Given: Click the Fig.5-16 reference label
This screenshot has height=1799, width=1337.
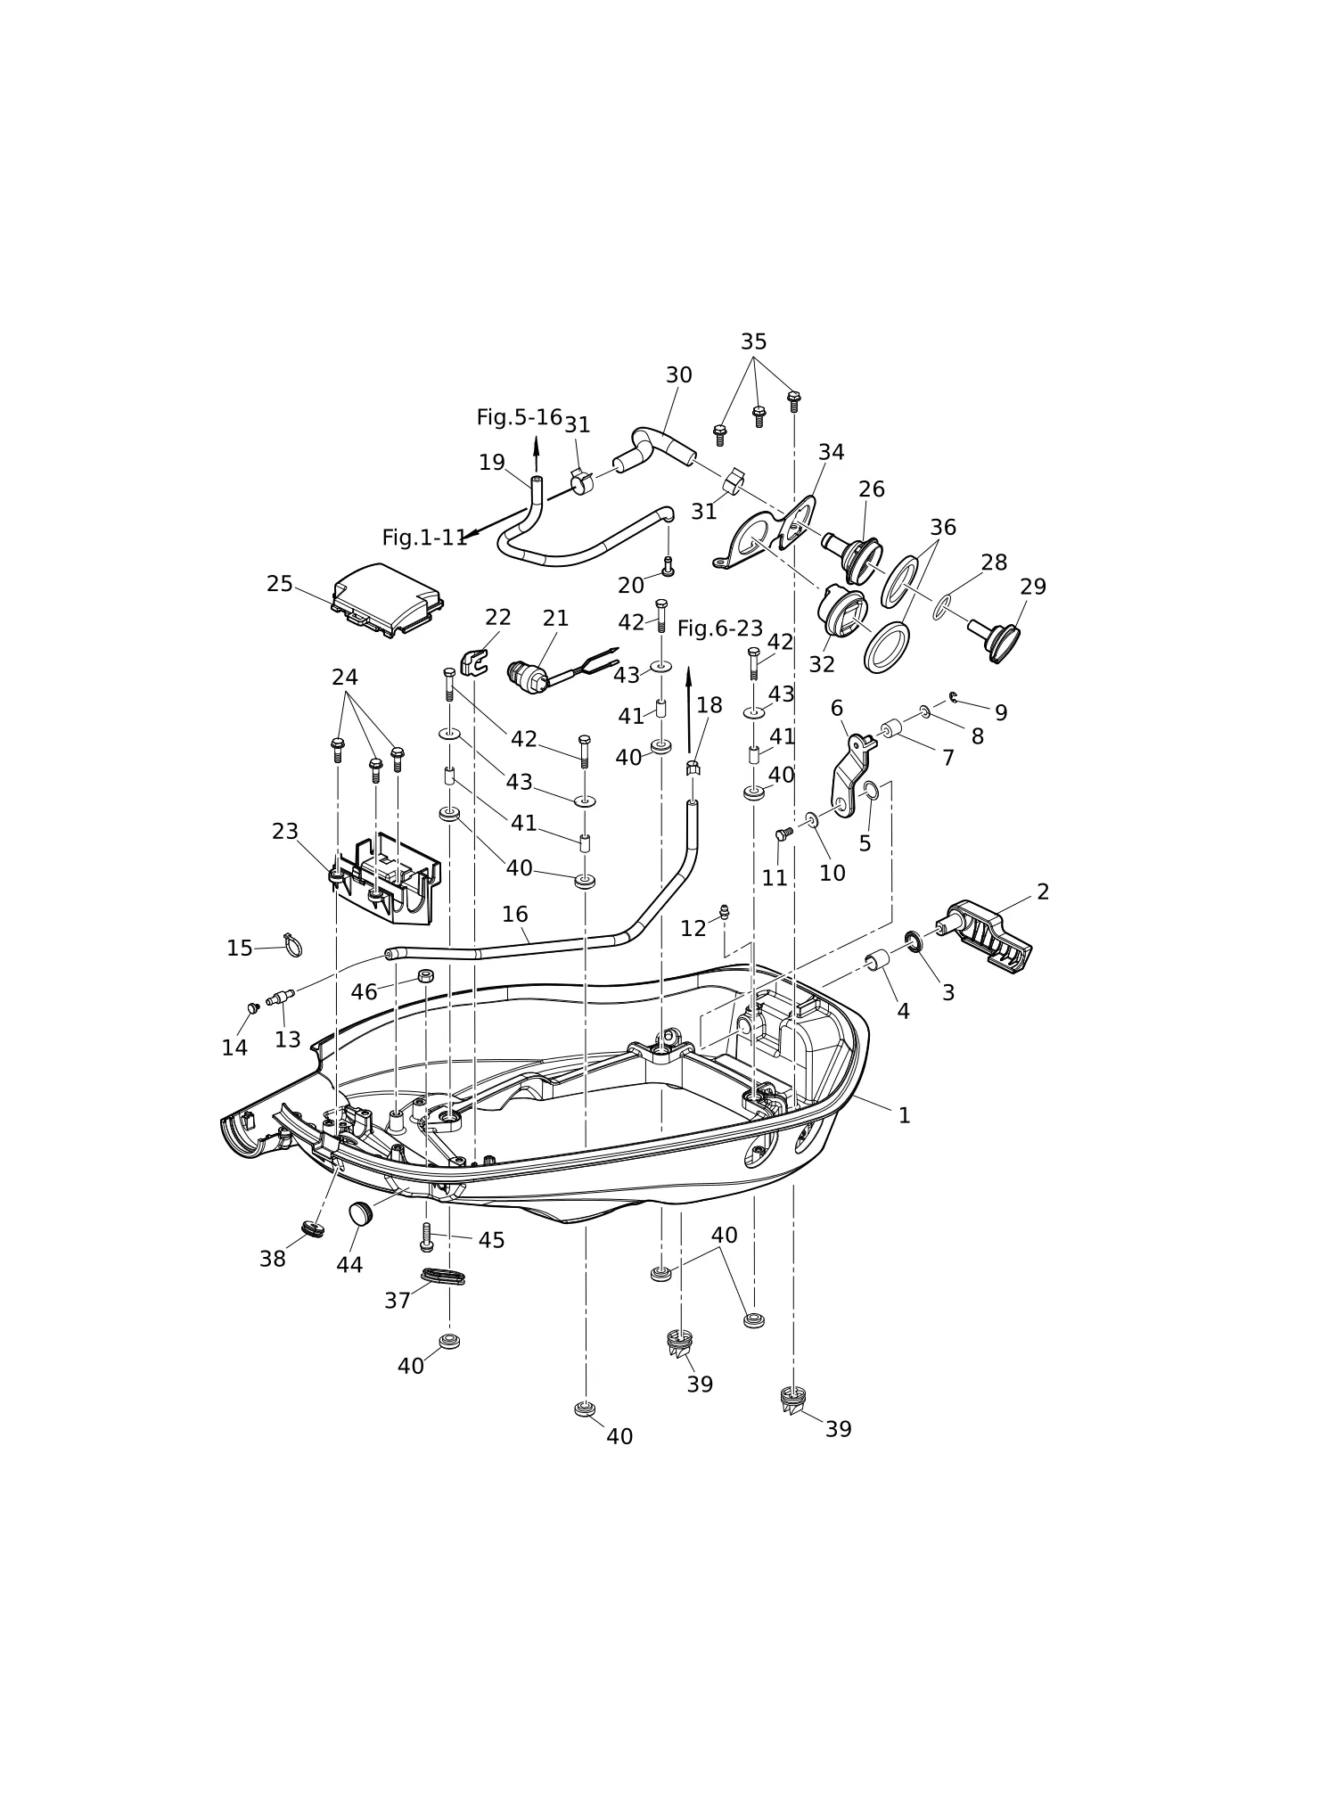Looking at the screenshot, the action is pos(520,417).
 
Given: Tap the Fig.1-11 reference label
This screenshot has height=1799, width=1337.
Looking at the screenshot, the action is pos(424,538).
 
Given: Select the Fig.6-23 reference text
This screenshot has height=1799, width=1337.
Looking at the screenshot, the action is pos(720,628).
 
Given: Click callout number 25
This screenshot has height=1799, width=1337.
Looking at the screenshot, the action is pos(280,584).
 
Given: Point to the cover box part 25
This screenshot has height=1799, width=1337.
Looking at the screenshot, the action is pos(388,600).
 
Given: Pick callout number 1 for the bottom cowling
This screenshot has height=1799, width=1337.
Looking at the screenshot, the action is pos(904,1115).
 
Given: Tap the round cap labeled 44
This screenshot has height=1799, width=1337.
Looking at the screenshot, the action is pos(359,1213).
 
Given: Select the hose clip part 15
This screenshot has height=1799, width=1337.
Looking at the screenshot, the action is pos(292,944).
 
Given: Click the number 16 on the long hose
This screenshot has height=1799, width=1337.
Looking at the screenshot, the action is pos(514,914).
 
